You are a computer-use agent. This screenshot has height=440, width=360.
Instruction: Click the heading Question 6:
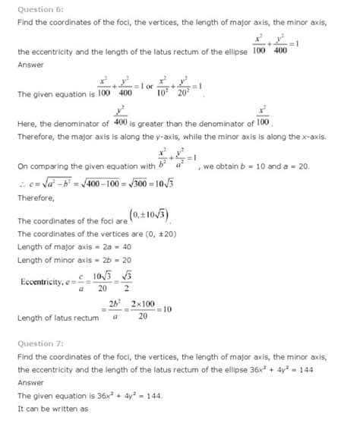(37, 8)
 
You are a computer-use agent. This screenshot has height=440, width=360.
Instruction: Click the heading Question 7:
(37, 343)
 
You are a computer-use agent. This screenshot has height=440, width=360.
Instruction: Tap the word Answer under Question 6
(30, 65)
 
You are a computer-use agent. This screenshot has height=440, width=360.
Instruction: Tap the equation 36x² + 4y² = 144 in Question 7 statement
(286, 370)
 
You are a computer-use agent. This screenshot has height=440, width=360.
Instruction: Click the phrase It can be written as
(46, 410)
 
